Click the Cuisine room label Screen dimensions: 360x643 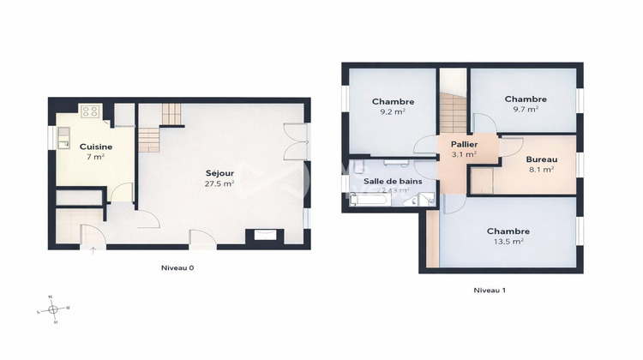[96, 147]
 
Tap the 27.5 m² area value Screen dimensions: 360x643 [219, 183]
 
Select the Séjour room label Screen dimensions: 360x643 [219, 173]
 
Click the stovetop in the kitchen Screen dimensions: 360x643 [91, 111]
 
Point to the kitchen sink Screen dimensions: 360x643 [63, 137]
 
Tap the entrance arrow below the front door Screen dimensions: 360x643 [93, 250]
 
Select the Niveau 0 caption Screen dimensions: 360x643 [177, 267]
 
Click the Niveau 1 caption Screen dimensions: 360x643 [490, 290]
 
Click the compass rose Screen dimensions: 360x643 [53, 309]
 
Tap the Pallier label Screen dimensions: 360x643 [464, 144]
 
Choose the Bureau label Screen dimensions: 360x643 [541, 159]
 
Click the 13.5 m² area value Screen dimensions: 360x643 [508, 242]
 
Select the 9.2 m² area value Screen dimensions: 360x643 [394, 111]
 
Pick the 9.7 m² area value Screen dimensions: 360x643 [526, 109]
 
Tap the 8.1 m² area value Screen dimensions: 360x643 [541, 170]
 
